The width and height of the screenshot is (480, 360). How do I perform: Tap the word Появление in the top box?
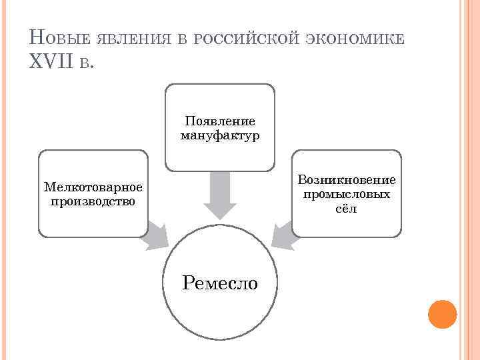tap(220, 121)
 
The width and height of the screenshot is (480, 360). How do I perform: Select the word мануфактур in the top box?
tap(220, 135)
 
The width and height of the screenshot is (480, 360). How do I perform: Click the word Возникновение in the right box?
tap(347, 180)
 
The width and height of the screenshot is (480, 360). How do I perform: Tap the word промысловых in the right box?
tap(347, 194)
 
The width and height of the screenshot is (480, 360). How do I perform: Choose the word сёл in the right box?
tap(347, 208)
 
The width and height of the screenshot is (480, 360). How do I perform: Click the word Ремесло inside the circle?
tap(220, 283)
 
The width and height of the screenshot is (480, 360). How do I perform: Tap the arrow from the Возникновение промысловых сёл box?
tap(283, 235)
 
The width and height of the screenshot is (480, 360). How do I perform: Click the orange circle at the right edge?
tap(442, 314)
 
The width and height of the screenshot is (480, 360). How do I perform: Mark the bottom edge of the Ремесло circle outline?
tap(220, 339)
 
